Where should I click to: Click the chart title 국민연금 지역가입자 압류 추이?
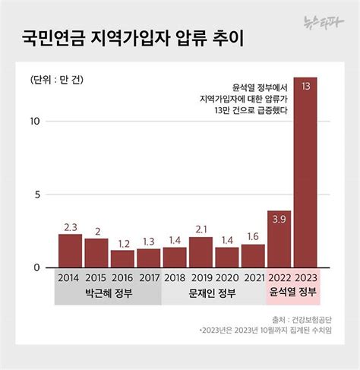pyautogui.click(x=137, y=36)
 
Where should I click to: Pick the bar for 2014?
pyautogui.click(x=70, y=251)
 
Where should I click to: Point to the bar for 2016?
pyautogui.click(x=122, y=259)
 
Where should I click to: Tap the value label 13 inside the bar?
pyautogui.click(x=305, y=86)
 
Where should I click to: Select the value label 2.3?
pyautogui.click(x=70, y=226)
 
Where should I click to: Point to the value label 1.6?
pyautogui.click(x=253, y=236)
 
